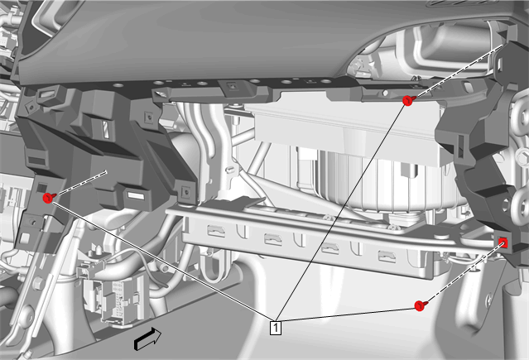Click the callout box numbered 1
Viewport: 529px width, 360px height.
pos(276,328)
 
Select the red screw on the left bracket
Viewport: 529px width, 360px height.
pos(49,198)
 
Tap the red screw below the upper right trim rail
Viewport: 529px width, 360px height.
pos(408,100)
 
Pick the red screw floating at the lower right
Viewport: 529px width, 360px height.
pos(420,305)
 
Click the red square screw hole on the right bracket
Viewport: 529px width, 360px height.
pos(503,242)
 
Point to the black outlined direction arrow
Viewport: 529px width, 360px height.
pos(147,338)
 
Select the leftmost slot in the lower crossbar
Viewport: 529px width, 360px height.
pos(216,231)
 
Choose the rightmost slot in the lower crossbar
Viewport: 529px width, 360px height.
pos(387,256)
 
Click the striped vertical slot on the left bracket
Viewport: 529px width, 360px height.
pos(106,129)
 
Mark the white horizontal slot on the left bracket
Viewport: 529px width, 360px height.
pos(137,195)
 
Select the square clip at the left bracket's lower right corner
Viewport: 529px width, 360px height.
pos(186,193)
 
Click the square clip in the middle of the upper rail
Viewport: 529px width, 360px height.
pos(232,86)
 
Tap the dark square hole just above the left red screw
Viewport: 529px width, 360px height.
pos(42,187)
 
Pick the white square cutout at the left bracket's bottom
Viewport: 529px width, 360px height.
pos(25,238)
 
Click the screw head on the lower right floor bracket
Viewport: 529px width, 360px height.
pos(489,298)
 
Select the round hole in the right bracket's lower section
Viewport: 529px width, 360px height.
pos(505,204)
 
